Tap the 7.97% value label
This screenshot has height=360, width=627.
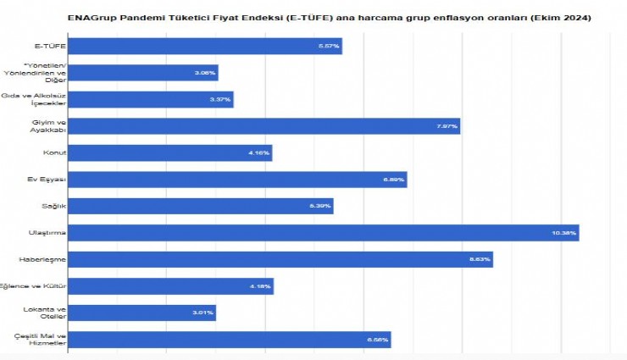446,126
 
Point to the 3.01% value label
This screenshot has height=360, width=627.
203,313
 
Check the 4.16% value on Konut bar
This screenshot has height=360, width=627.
258,153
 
